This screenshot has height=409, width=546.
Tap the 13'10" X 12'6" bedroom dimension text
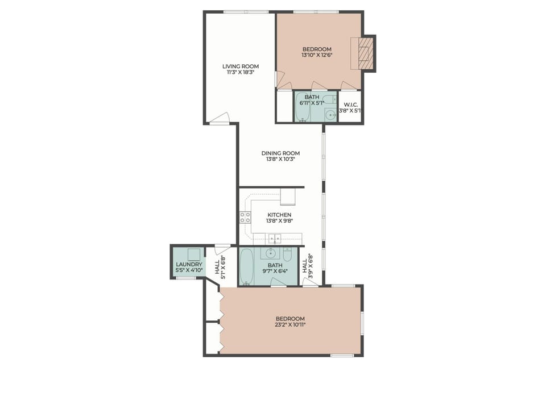coord(317,56)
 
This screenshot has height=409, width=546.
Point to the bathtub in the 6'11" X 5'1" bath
coord(301,108)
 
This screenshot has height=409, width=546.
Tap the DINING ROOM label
coord(280,153)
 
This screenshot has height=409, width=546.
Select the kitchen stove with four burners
coord(245,217)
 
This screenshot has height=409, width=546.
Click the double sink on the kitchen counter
coord(274,237)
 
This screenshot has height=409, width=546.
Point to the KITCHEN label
coord(279,215)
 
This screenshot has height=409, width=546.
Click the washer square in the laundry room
coord(195,254)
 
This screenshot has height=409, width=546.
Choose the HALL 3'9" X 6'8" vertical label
coord(307,264)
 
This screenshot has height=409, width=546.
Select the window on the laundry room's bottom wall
coord(186,278)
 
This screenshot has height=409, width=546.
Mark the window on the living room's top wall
coord(246,11)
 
